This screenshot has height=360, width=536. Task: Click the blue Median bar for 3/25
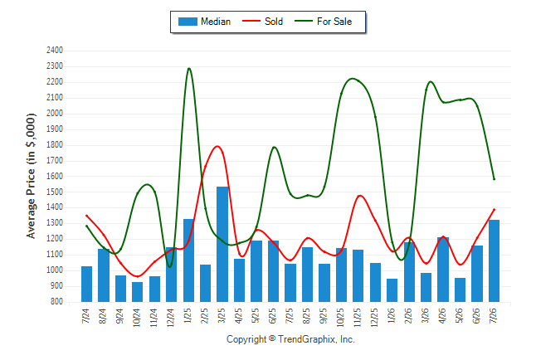[222, 244]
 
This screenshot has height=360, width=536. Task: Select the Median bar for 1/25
[188, 260]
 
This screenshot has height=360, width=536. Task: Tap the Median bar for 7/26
[494, 260]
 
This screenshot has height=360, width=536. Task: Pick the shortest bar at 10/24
[138, 292]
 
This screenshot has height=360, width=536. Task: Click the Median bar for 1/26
[392, 290]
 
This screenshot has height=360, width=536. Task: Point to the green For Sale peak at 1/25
[189, 68]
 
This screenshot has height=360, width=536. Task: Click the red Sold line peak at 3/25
[217, 146]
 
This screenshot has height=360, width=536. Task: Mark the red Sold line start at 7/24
[86, 216]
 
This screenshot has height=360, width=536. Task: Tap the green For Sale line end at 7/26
[494, 179]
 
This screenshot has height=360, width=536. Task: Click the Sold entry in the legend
[262, 22]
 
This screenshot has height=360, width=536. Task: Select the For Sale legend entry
[323, 22]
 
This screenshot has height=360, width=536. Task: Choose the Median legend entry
[204, 22]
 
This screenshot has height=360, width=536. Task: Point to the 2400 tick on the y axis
[55, 51]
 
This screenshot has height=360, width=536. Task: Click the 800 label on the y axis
[56, 302]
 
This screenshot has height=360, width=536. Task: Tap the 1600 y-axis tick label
[55, 176]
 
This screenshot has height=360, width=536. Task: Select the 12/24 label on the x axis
[171, 317]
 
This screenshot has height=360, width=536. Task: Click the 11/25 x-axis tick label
[358, 317]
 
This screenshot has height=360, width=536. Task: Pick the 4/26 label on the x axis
[443, 315]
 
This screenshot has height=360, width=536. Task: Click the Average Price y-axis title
[31, 176]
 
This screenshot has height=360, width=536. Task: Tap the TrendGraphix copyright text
[290, 339]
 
